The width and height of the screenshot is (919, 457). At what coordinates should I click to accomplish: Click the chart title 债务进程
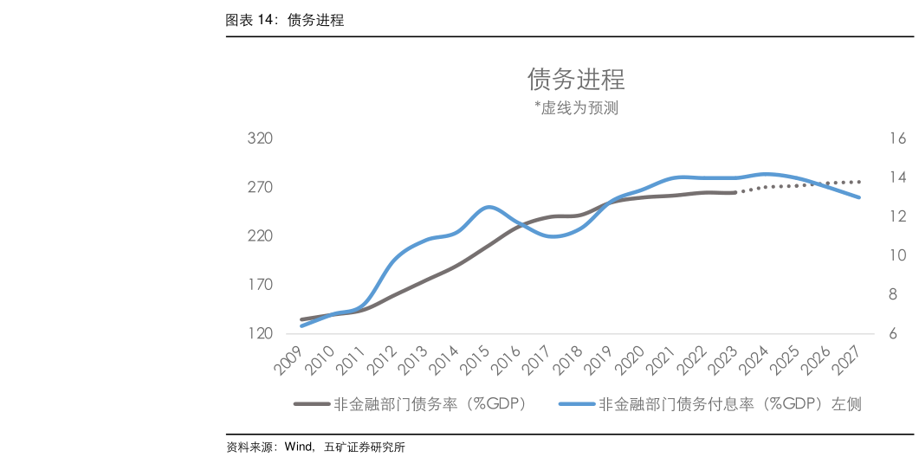tap(576, 80)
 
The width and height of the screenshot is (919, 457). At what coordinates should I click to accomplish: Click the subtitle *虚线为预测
tap(576, 108)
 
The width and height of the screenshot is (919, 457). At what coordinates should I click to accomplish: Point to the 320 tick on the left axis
tap(260, 138)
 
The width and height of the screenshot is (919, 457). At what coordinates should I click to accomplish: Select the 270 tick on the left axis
tap(260, 188)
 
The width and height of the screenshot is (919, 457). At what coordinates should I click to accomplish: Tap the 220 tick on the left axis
tap(260, 236)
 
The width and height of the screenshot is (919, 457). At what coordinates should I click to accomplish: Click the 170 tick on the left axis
tap(260, 285)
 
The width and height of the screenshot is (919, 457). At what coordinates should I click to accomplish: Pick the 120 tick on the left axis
tap(260, 334)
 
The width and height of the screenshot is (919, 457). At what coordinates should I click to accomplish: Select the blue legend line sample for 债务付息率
tap(576, 403)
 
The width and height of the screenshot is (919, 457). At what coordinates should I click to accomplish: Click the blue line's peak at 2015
tap(489, 207)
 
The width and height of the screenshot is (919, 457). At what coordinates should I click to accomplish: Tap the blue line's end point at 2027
tap(858, 197)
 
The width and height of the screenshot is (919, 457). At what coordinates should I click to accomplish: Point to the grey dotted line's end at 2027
tap(858, 182)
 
